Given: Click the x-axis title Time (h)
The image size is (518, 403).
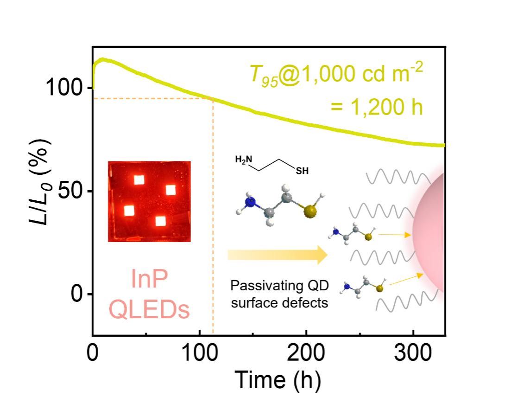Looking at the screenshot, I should (x=278, y=380).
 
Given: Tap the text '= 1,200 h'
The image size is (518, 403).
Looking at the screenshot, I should (x=377, y=107).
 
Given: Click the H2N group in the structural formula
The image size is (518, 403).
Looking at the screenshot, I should (x=245, y=160).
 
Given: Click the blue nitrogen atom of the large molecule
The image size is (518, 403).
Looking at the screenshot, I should (x=251, y=203).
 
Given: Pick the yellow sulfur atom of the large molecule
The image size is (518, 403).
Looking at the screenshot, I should (x=310, y=212).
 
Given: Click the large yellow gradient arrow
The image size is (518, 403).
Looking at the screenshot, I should (x=278, y=255).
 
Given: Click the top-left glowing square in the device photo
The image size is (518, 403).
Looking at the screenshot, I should (x=139, y=179).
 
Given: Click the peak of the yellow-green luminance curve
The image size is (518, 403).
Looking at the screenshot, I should (x=101, y=59).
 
